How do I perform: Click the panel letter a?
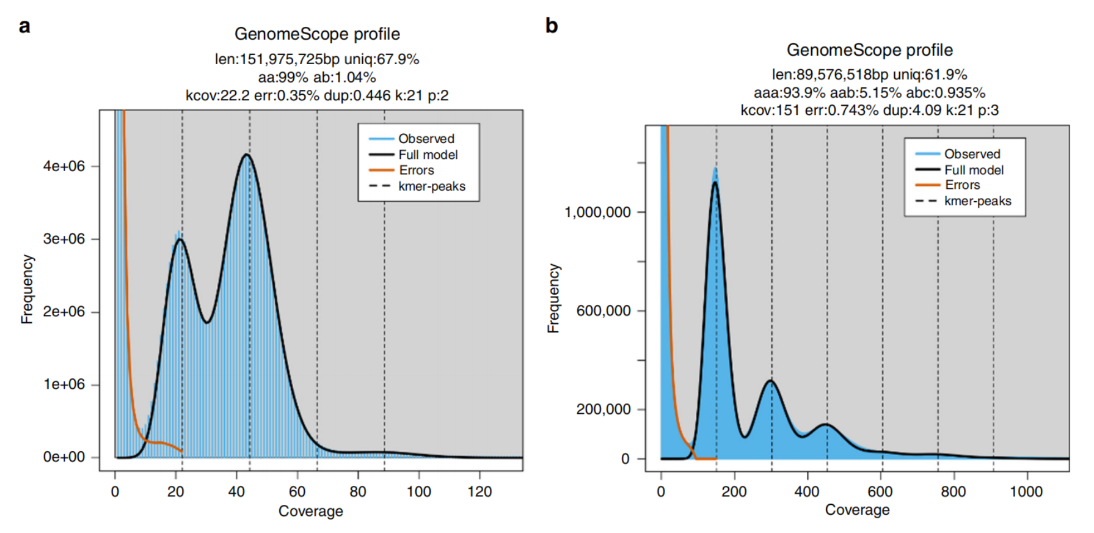[24, 27]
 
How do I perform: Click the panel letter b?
[551, 26]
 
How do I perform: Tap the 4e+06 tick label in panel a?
[64, 166]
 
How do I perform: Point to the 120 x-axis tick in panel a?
[480, 491]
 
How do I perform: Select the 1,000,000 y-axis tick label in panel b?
[597, 213]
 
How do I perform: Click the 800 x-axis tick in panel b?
[953, 491]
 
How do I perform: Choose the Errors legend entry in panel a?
[416, 171]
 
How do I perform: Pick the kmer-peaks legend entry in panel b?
[977, 201]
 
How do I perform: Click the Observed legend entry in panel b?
[972, 154]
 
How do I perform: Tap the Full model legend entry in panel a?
[428, 155]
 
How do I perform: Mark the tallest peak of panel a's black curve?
[247, 155]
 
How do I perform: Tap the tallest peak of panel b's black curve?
[715, 182]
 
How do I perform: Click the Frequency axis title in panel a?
[27, 289]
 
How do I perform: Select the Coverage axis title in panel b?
[857, 510]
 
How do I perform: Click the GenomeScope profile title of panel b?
[869, 50]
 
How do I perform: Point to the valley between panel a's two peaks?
[207, 322]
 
